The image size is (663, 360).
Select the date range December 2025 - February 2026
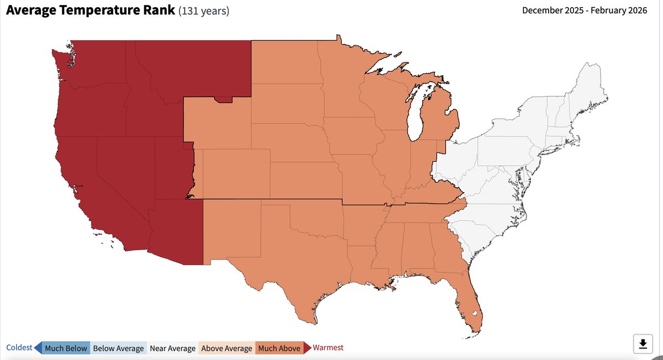[585, 10]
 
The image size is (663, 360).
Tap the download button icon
[643, 344]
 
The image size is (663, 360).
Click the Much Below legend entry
[66, 348]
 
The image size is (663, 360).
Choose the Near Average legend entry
[172, 348]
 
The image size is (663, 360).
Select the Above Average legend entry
[227, 348]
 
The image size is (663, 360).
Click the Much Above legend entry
[278, 348]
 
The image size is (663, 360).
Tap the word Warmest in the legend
[328, 347]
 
